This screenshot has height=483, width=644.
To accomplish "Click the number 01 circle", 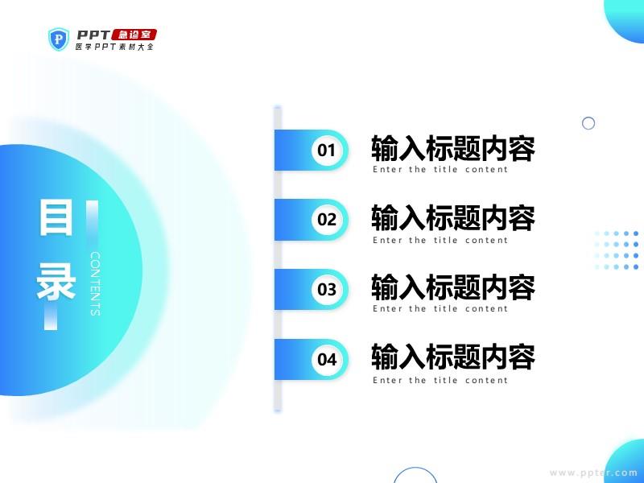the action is (x=327, y=150).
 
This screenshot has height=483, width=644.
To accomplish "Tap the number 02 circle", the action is (x=327, y=220).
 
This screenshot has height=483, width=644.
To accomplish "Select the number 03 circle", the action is (x=327, y=290).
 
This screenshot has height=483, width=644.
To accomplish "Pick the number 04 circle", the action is (x=327, y=359).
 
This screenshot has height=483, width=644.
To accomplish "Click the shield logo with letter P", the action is (x=59, y=39).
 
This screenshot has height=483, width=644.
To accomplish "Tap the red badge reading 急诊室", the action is (x=134, y=35).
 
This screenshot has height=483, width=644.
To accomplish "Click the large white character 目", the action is (x=56, y=217).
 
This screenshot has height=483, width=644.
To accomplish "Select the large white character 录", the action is (x=56, y=282).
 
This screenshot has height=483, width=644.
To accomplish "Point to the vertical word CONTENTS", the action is (x=95, y=284).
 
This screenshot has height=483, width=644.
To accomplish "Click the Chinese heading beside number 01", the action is (x=453, y=148).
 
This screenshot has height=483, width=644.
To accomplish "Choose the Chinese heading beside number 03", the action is (x=453, y=287).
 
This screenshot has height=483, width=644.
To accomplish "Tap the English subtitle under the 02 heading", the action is (x=440, y=240).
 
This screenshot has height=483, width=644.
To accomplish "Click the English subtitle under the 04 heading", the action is (x=440, y=380).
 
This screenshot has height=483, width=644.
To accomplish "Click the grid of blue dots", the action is (x=617, y=250).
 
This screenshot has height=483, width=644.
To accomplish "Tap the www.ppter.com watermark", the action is (x=593, y=473).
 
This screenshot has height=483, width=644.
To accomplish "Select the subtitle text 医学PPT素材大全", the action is (x=114, y=47).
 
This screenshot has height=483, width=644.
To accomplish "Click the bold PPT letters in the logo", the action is (x=93, y=35).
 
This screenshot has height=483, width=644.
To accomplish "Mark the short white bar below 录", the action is (x=51, y=318).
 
